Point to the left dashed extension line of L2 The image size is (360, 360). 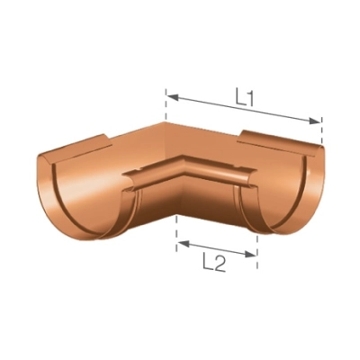pyautogui.click(x=176, y=236)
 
